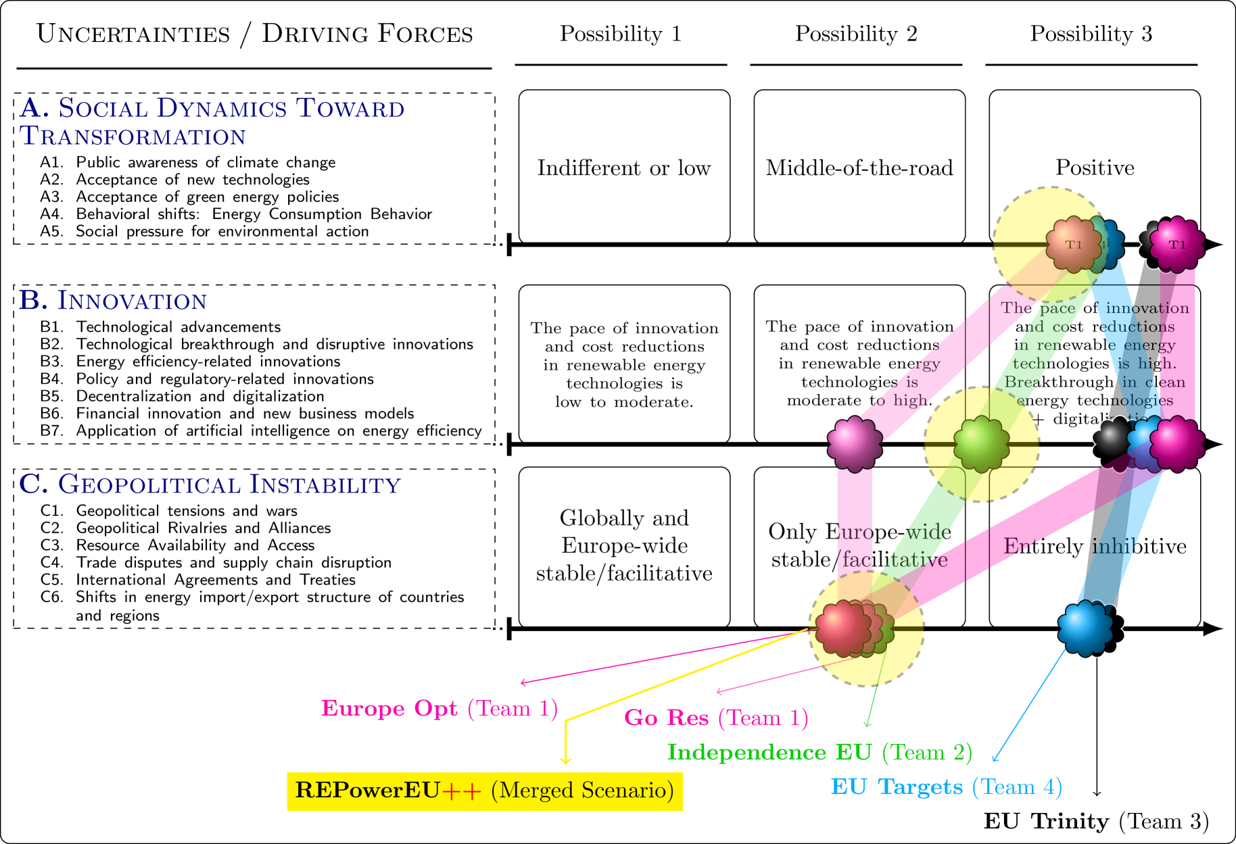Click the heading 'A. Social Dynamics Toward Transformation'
coord(212,122)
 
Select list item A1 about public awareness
coord(206,162)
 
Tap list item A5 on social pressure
coord(222,231)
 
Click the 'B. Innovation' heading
coord(113,300)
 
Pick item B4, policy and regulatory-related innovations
coord(224,379)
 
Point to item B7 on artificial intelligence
coord(278,431)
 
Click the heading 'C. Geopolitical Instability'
coord(210,485)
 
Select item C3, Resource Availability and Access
coord(195,545)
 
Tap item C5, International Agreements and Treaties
coord(215,580)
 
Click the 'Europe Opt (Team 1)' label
coord(439,708)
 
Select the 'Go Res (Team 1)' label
coord(715,718)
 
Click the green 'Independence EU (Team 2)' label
coord(819,752)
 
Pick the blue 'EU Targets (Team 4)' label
coord(946,787)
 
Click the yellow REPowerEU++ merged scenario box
coord(485,791)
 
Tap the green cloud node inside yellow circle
coord(981,444)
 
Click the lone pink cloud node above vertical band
coord(855,444)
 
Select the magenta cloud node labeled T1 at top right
coord(1177,244)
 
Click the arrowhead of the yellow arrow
coord(566,761)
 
